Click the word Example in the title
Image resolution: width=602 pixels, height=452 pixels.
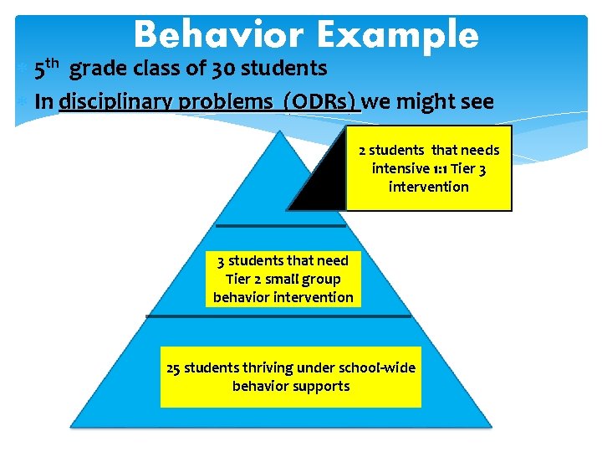click(x=397, y=35)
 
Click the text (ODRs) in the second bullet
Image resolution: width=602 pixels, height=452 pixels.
click(x=321, y=102)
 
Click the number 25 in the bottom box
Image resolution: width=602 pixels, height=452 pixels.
click(x=174, y=368)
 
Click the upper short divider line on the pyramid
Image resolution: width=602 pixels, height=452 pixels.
click(x=280, y=226)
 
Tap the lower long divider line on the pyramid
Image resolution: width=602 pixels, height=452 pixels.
click(x=278, y=316)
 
